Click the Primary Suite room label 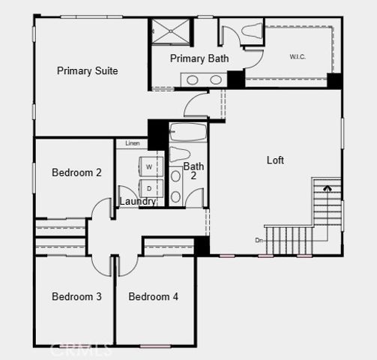88,70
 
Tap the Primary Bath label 199,58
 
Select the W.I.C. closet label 298,56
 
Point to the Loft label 275,160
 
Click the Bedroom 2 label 76,172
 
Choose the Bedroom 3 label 76,297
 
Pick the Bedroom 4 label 154,297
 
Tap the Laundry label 139,202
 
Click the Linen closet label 132,142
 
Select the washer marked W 148,166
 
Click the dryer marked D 148,187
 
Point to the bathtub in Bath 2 188,133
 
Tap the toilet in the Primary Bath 250,31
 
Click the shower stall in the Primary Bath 171,31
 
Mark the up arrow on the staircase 326,189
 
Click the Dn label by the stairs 259,240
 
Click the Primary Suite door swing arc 196,105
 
